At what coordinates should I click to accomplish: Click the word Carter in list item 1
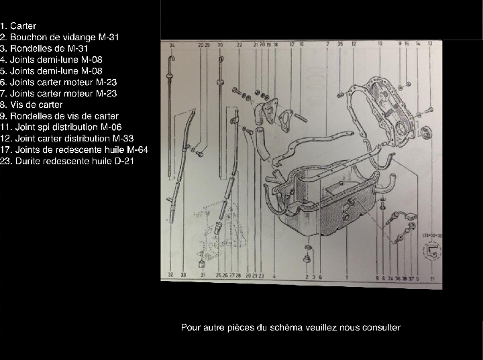(23, 25)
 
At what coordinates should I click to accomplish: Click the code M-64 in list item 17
(136, 149)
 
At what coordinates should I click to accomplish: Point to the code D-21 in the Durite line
(124, 161)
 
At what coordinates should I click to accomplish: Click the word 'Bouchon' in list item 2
(27, 37)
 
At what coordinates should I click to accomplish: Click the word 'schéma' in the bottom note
(287, 327)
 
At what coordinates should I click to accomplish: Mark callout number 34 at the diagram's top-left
(172, 45)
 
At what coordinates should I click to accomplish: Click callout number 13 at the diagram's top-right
(430, 44)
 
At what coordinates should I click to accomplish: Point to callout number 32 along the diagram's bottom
(171, 275)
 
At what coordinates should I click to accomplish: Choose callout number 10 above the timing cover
(380, 44)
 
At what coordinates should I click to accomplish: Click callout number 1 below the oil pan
(346, 276)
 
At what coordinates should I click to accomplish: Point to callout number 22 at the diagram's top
(239, 45)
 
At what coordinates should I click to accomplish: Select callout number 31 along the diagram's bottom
(203, 275)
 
